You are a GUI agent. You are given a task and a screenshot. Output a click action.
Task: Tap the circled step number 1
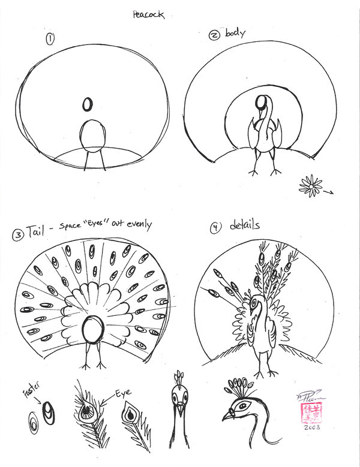(x=50, y=40)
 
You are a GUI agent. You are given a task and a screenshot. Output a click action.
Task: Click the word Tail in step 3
(x=37, y=231)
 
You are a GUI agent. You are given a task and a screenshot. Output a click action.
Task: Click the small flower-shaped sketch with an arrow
(x=310, y=186)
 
